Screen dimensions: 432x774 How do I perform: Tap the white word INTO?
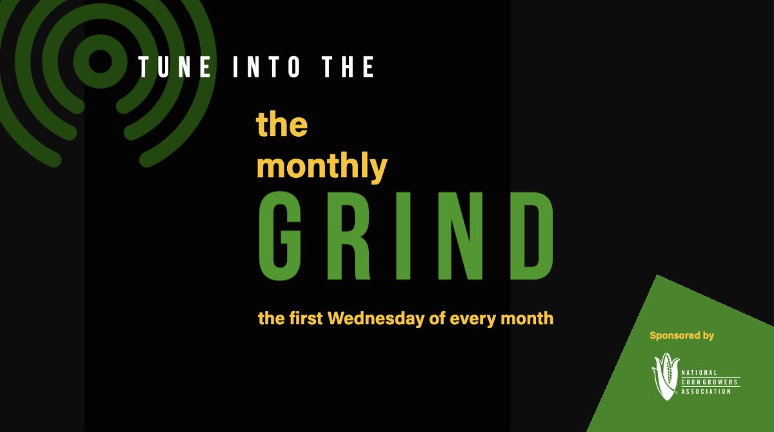point(266,67)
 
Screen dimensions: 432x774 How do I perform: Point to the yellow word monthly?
point(322,167)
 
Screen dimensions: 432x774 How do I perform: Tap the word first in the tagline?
point(303,318)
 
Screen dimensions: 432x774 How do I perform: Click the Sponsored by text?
point(682,335)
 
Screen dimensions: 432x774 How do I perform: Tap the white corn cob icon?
point(664,377)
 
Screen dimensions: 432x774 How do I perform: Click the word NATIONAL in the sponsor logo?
point(699,373)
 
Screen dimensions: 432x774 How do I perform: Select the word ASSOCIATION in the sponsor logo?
point(706,391)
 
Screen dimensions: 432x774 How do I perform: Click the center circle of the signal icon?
point(100,62)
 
